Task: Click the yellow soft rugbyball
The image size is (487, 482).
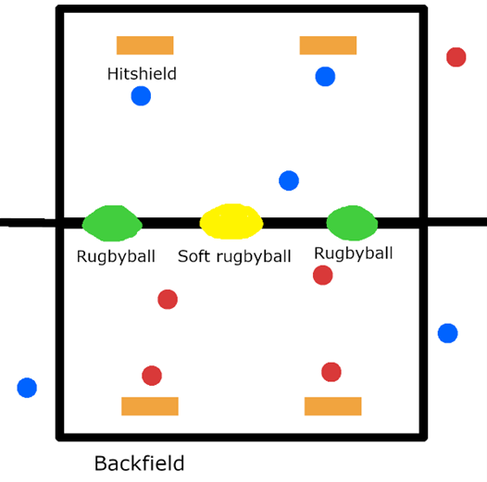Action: coord(231,222)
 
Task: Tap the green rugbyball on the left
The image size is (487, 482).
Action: coord(112,223)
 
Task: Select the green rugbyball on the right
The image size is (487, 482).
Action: coord(352,223)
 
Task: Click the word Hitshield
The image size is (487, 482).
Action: coord(142,74)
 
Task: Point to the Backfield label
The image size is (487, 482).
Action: coord(139,463)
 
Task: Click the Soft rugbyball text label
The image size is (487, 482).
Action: coord(234,256)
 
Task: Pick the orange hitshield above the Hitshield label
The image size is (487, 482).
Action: coord(144,45)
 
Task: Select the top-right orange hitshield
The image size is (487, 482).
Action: coord(328,45)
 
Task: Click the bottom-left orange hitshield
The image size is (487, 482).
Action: coord(150,406)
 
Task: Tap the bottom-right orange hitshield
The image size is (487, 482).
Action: coord(332,406)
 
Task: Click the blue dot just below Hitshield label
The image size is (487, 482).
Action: coord(141,96)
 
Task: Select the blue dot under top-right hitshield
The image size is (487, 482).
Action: coord(325,77)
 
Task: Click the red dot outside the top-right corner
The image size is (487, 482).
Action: coord(456,57)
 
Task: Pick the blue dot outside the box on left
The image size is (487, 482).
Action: coord(27,388)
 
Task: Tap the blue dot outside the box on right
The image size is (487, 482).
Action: coord(447,333)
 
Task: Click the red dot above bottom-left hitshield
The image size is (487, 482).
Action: coord(152,376)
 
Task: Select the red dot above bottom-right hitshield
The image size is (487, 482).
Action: coord(331,372)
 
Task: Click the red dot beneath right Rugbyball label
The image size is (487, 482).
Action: coord(322,275)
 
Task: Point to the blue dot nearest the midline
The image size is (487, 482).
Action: coord(289,180)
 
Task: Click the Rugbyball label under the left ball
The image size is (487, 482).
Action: coord(116,256)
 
